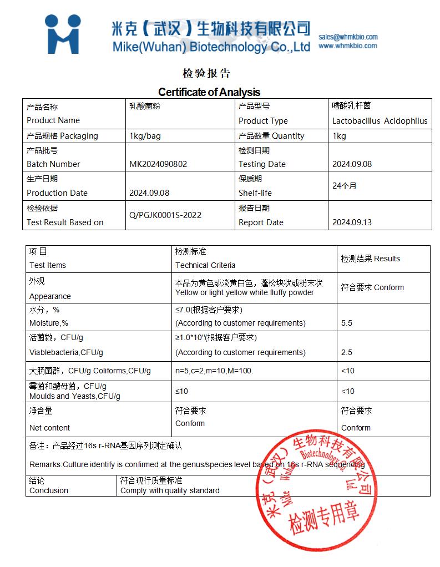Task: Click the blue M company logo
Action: tap(63, 34)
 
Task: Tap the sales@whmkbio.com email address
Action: tap(348, 37)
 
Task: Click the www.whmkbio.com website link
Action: tap(347, 46)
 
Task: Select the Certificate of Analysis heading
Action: tap(209, 92)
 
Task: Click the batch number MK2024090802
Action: tap(158, 164)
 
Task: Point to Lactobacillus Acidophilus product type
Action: tap(380, 121)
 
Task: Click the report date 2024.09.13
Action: tap(352, 222)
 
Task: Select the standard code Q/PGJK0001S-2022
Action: tap(165, 215)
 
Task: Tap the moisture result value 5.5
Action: tap(347, 323)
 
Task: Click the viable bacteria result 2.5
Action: tap(347, 352)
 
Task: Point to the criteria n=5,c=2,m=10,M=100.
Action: tap(214, 371)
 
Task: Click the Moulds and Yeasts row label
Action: tap(75, 396)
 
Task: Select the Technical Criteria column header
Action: tap(205, 265)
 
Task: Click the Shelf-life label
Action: tap(255, 193)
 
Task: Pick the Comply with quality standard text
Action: tap(170, 490)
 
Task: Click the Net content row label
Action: tap(49, 428)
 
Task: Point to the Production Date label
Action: tap(57, 193)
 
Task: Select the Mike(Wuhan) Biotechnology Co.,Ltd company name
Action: tap(211, 47)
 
